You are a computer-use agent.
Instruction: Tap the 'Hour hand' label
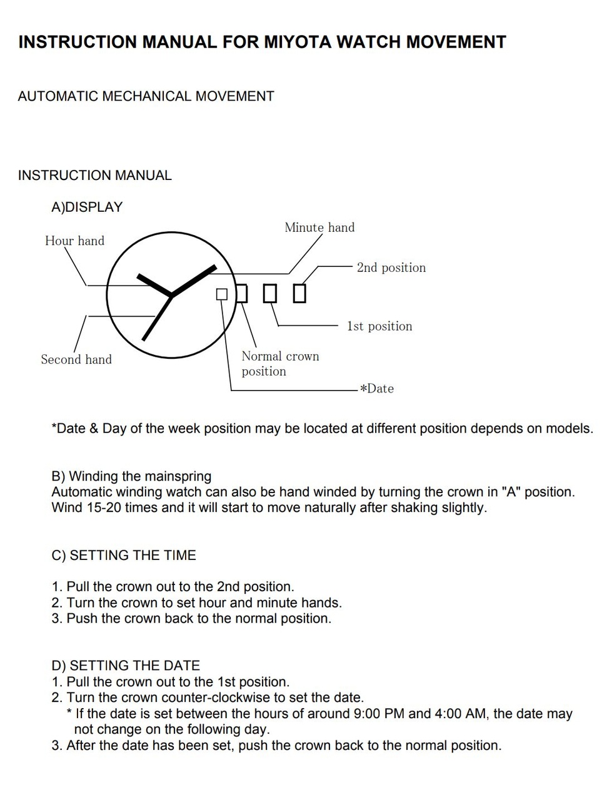pyautogui.click(x=74, y=241)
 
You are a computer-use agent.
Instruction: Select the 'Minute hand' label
pyautogui.click(x=319, y=227)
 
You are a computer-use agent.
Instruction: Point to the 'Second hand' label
pyautogui.click(x=76, y=359)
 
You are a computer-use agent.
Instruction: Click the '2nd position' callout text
pyautogui.click(x=391, y=267)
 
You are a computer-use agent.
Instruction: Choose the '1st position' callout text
pyautogui.click(x=379, y=326)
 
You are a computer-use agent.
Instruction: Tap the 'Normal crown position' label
pyautogui.click(x=279, y=364)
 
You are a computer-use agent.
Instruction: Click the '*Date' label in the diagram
pyautogui.click(x=377, y=389)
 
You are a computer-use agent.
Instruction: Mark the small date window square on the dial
pyautogui.click(x=222, y=294)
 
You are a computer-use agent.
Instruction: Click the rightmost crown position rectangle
pyautogui.click(x=300, y=293)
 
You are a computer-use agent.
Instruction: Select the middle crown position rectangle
pyautogui.click(x=269, y=293)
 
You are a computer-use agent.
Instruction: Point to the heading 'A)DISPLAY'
pyautogui.click(x=87, y=207)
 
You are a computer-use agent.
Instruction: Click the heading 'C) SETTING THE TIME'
pyautogui.click(x=124, y=556)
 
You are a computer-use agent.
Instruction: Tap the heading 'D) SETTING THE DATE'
pyautogui.click(x=126, y=666)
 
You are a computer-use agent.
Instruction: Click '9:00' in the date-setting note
pyautogui.click(x=368, y=714)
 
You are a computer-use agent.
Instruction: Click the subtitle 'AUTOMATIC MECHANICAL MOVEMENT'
pyautogui.click(x=146, y=96)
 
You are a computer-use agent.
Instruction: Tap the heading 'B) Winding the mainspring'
pyautogui.click(x=131, y=476)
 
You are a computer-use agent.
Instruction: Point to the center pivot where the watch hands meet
pyautogui.click(x=171, y=295)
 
